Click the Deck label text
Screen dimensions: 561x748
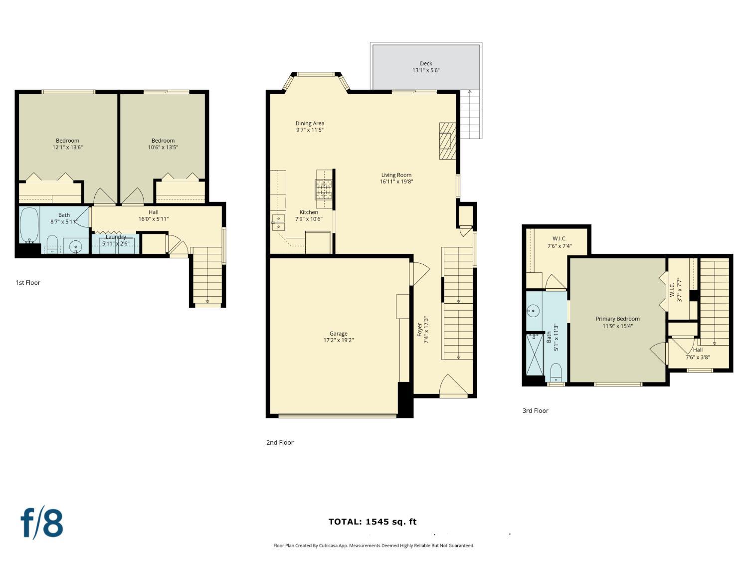pos(426,63)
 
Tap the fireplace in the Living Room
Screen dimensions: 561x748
pos(447,141)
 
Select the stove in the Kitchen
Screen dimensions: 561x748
pos(324,189)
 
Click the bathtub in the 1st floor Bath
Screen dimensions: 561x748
pos(29,225)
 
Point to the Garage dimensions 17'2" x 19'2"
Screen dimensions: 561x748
pos(338,340)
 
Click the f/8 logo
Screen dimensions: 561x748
pos(42,523)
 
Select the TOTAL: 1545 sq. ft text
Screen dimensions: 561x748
pos(372,522)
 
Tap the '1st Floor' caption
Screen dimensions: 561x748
pos(28,283)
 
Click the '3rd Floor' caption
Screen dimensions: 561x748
pos(535,411)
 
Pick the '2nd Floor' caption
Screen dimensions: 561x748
pos(280,442)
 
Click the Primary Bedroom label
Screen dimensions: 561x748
pos(617,319)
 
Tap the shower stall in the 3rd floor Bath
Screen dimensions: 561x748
pos(536,355)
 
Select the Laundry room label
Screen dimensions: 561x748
pos(116,237)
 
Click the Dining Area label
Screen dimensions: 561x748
pos(310,123)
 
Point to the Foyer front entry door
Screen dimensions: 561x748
pos(453,387)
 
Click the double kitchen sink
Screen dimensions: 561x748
pos(278,222)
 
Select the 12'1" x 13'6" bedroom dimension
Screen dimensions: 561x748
pos(67,147)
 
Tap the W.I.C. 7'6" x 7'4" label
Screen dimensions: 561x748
pos(560,242)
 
